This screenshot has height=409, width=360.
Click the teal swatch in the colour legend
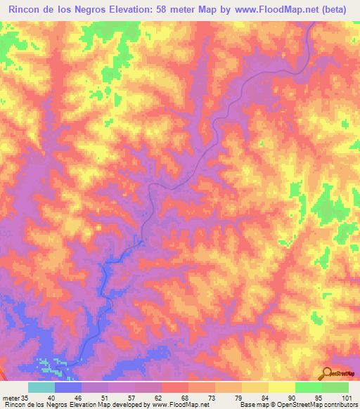(x=41, y=388)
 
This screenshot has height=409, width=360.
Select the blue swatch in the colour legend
(x=67, y=388)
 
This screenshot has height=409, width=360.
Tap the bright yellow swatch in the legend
(x=281, y=388)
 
